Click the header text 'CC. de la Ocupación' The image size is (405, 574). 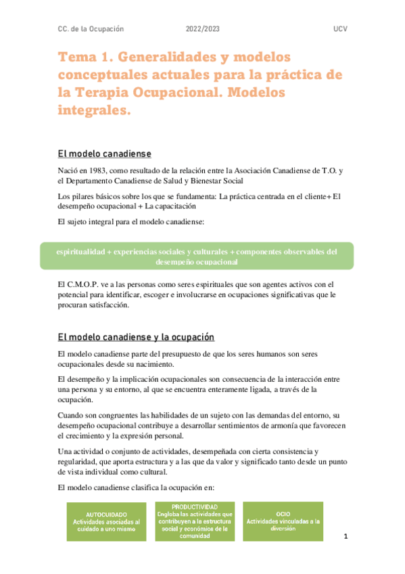[x=91, y=30]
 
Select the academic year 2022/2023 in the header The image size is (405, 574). [x=202, y=30]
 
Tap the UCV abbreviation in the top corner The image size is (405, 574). [x=340, y=30]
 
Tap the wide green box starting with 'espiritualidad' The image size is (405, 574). [x=197, y=256]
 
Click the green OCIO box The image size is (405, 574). [x=283, y=521]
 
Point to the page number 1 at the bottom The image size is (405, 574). [x=346, y=537]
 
